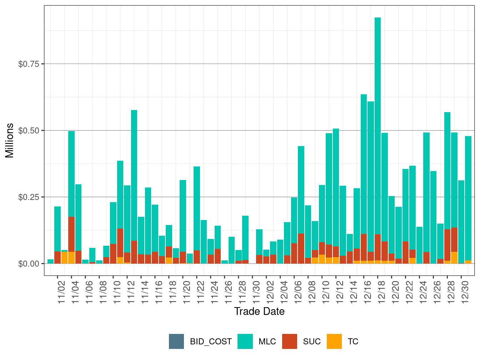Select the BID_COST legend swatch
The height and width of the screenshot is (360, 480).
pyautogui.click(x=176, y=341)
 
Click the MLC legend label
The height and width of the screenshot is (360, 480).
pyautogui.click(x=267, y=341)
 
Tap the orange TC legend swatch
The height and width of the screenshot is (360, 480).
pyautogui.click(x=334, y=341)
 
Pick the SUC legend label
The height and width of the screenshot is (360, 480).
pyautogui.click(x=312, y=341)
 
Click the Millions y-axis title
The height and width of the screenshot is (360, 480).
pyautogui.click(x=10, y=140)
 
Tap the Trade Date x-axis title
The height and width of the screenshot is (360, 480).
pyautogui.click(x=259, y=311)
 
